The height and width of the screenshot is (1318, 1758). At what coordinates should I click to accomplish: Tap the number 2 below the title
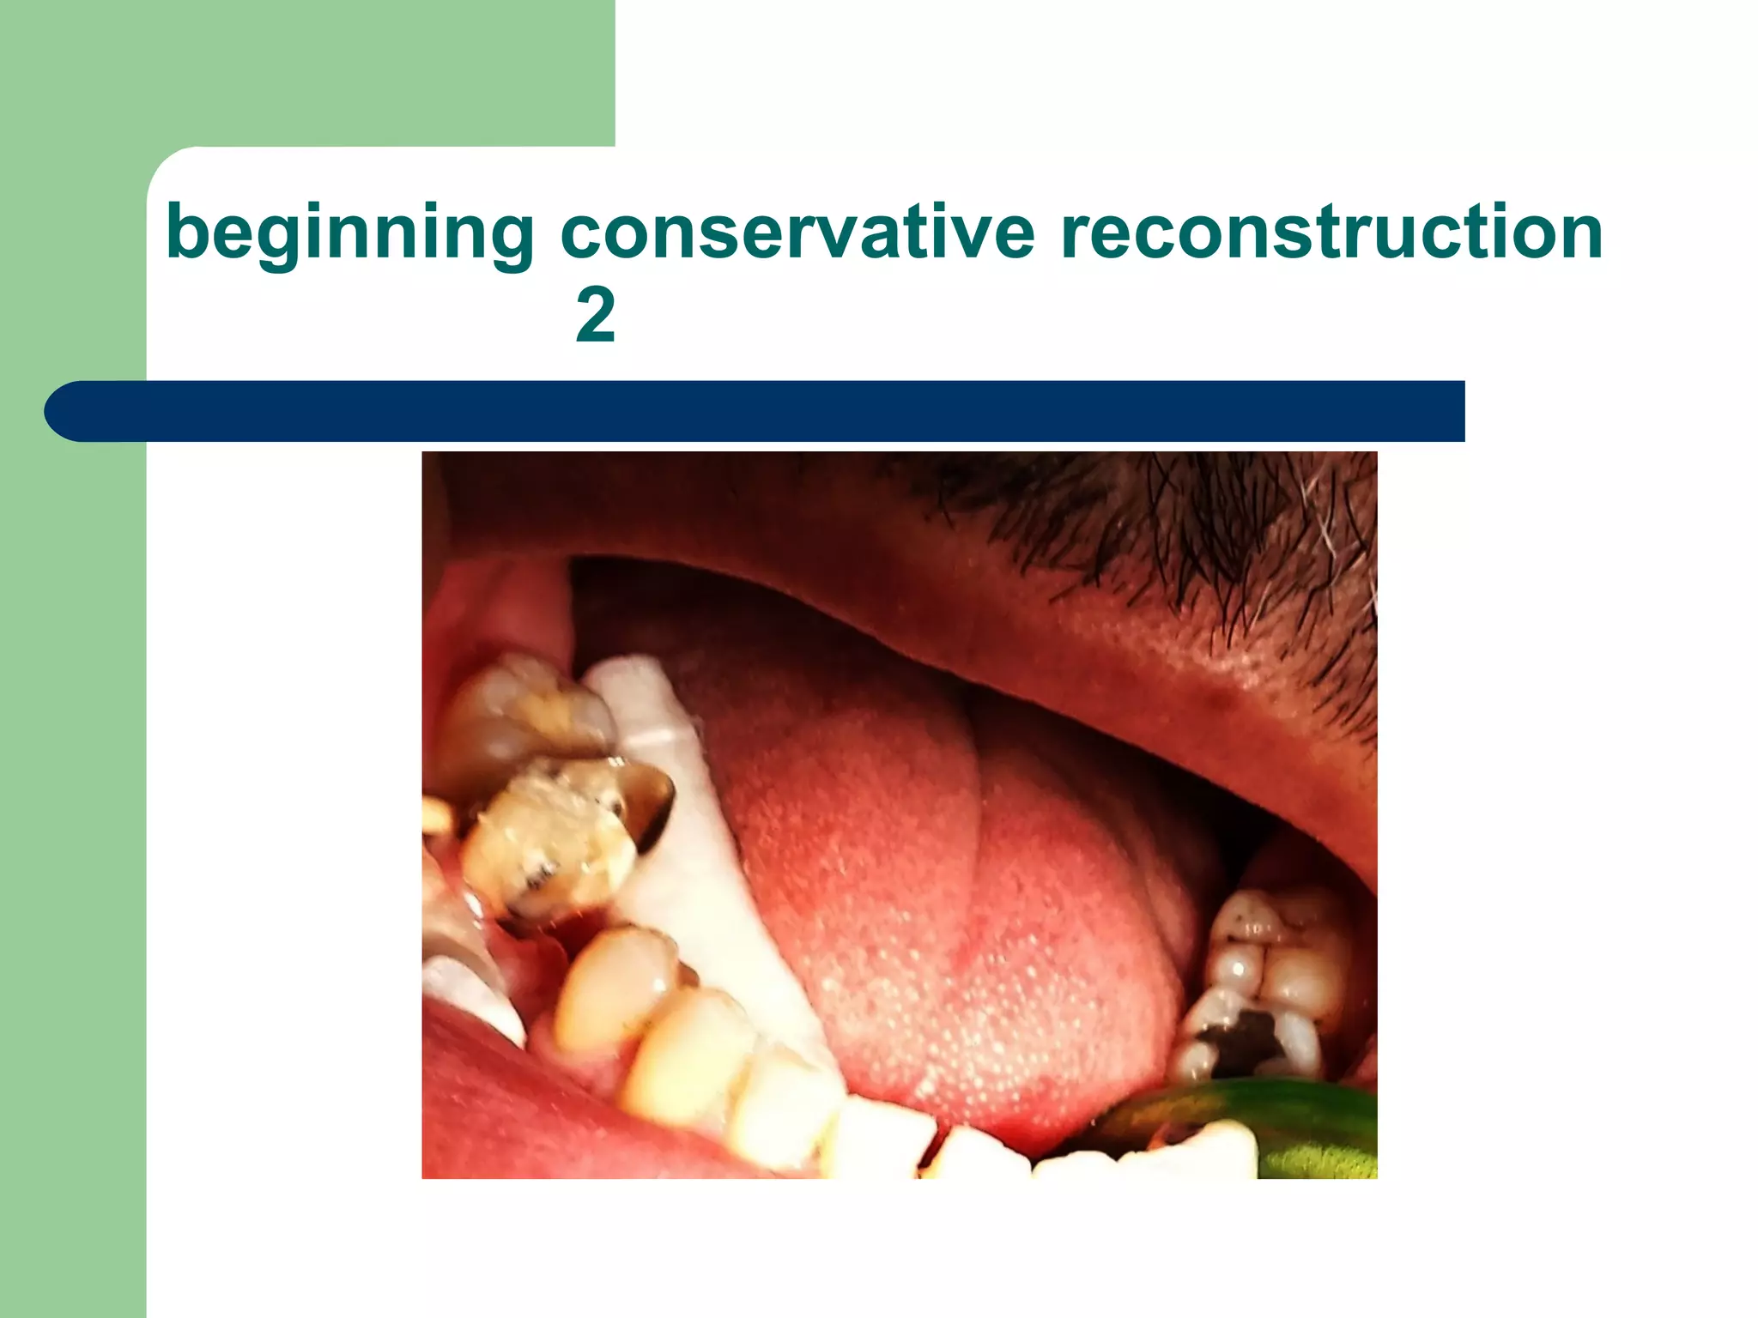(x=595, y=316)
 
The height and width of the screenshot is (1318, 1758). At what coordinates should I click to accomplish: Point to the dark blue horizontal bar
(x=773, y=411)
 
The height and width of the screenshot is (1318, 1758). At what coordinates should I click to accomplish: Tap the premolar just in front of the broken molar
(x=614, y=987)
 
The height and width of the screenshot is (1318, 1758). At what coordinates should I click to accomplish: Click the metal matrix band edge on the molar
(x=652, y=798)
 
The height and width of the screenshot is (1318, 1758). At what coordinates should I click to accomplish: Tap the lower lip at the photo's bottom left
(x=498, y=1115)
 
